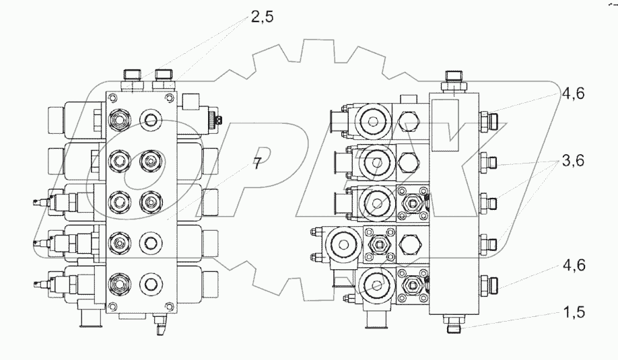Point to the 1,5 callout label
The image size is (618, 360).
tap(574, 313)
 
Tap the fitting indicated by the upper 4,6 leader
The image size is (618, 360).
tap(491, 122)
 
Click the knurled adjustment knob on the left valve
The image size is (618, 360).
tap(217, 120)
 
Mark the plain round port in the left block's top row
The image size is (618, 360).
tap(149, 121)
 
